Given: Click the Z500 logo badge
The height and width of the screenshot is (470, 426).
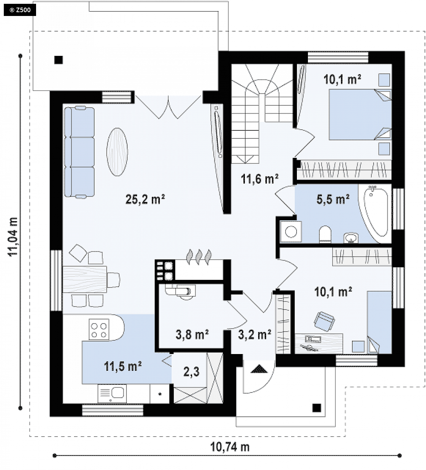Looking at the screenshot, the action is point(20,10).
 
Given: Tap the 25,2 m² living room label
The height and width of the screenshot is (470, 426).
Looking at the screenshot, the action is point(145,199).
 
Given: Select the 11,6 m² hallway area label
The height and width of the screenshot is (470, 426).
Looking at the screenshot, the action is point(259,179).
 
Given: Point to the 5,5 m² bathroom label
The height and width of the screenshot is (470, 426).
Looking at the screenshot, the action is point(333,199).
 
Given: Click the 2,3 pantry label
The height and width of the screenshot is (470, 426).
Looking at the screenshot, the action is point(191,372).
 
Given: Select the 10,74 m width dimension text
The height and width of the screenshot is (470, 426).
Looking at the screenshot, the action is point(230,447).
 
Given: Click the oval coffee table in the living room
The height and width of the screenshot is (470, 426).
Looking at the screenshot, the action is point(117,152).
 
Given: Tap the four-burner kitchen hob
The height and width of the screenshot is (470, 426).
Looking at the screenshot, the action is point(99,329).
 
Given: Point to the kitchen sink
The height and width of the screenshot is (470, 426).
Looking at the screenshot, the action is point(112,394).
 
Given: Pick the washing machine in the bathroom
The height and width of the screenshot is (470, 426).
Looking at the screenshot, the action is point(291,232).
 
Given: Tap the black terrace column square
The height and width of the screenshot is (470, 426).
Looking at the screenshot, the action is point(58,60).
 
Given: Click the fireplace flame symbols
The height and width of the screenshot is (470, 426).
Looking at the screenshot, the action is point(199,257).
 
